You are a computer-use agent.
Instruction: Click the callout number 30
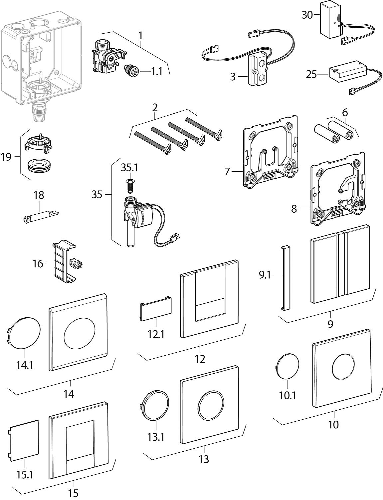point(307,15)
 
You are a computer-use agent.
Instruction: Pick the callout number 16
point(38,264)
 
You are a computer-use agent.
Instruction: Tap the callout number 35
point(97,194)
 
